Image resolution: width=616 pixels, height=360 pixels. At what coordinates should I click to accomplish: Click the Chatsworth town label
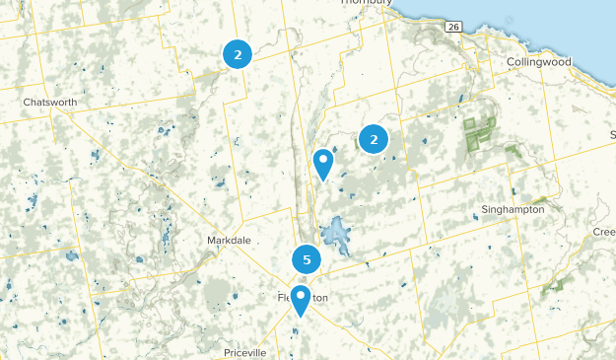[x=49, y=102]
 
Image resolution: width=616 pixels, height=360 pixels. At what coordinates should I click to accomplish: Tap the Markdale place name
[x=231, y=241]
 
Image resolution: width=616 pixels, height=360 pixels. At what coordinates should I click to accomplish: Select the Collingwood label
[x=538, y=61]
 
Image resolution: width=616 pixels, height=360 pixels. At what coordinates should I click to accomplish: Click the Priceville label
[x=245, y=352]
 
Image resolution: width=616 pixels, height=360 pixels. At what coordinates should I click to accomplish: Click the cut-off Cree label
[x=603, y=232]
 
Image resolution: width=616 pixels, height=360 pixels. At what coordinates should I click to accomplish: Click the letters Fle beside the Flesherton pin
[x=285, y=297]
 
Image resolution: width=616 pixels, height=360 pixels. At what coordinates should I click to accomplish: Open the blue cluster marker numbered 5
[x=307, y=260]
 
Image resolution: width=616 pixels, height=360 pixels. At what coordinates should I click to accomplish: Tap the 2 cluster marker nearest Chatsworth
[x=238, y=54]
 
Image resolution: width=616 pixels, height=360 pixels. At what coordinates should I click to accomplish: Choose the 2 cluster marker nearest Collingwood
[x=374, y=140]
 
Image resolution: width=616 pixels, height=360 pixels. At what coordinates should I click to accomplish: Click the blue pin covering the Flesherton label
[x=300, y=300]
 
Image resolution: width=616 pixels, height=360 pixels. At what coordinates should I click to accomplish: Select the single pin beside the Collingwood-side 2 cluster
[x=322, y=163]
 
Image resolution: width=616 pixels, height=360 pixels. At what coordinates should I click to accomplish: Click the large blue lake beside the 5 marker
[x=335, y=236]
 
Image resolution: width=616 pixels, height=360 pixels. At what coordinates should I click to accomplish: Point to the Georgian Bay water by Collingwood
[x=552, y=20]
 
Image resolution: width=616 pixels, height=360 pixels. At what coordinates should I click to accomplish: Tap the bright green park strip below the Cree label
[x=553, y=285]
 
